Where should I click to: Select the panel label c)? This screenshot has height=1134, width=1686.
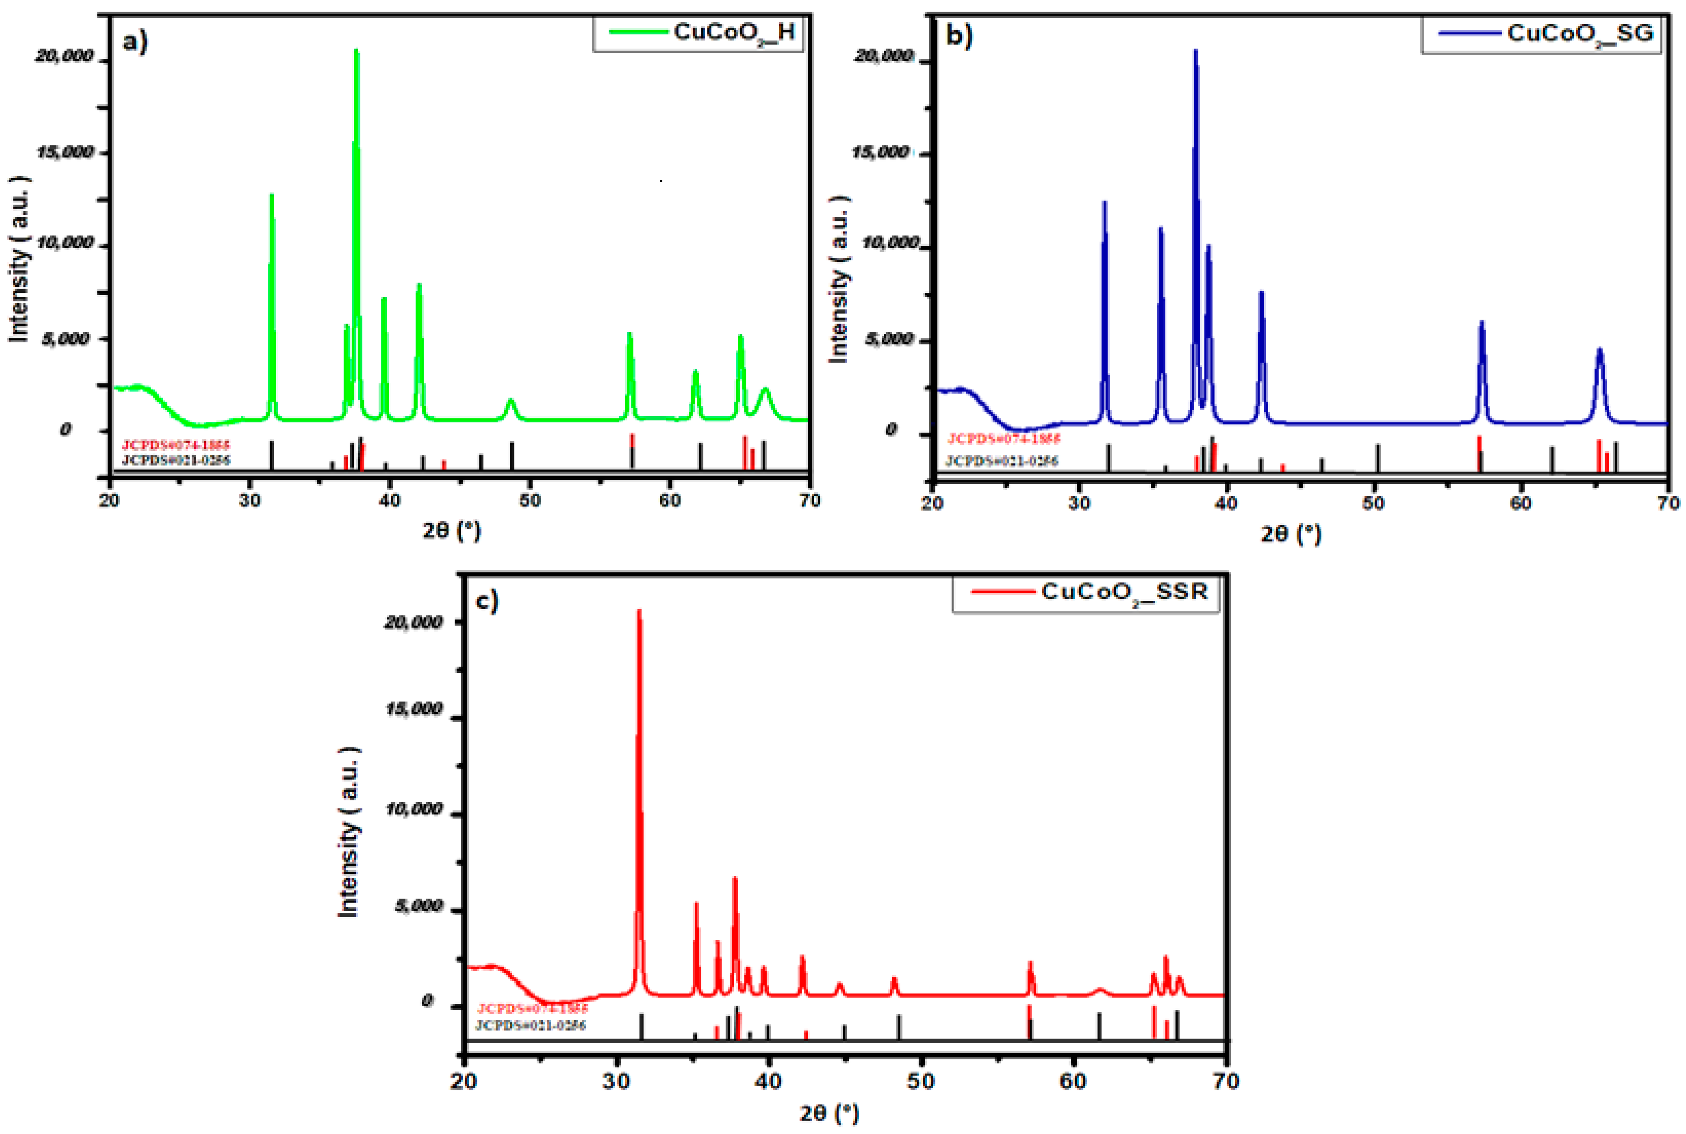coord(487,601)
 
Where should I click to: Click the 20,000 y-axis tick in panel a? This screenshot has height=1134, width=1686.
coord(64,56)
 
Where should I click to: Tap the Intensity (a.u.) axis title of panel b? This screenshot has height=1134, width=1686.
coord(838,279)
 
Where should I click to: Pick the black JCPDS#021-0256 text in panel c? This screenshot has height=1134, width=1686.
coord(530,1025)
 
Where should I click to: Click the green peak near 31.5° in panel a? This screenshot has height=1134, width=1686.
coord(272,197)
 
